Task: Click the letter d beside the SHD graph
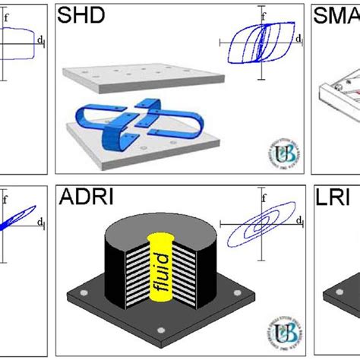298,36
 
